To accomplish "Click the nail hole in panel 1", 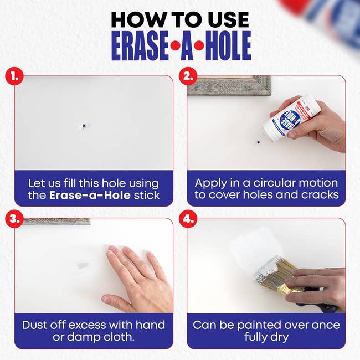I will tap(81, 126).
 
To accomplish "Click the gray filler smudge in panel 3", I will tap(83, 265).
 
